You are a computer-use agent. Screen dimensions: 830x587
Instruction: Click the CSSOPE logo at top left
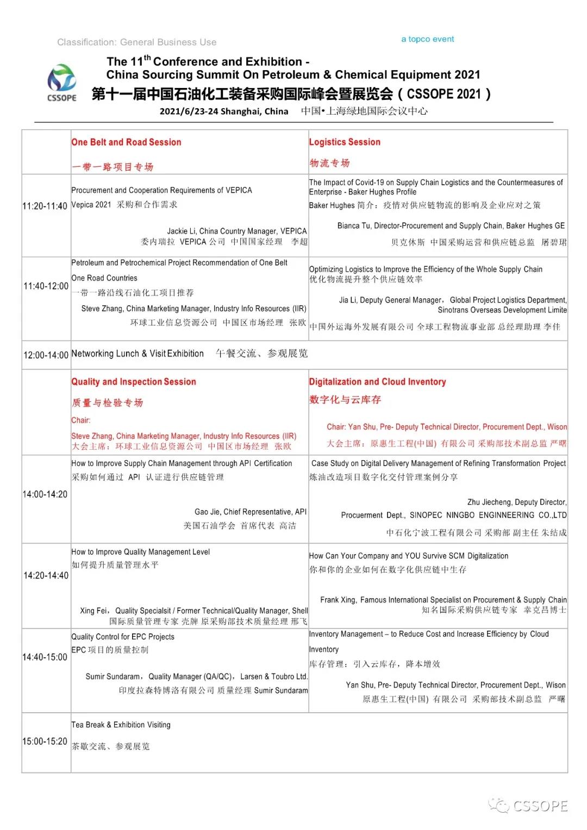point(62,83)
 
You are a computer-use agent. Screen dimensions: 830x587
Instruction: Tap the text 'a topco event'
point(427,39)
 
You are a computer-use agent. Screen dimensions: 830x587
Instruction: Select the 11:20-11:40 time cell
point(45,206)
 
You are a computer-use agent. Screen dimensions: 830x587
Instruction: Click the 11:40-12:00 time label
point(46,286)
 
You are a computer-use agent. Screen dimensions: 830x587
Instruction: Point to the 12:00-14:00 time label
point(46,355)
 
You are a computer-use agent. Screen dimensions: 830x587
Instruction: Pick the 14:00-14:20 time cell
point(45,494)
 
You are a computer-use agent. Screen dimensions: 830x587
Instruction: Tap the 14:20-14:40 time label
point(46,576)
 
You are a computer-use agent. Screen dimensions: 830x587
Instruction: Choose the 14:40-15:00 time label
point(45,657)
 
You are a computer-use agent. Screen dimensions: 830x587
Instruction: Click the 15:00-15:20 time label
point(45,741)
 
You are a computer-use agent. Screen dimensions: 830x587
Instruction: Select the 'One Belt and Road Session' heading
point(126,142)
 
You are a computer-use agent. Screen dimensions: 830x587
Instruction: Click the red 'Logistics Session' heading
point(345,142)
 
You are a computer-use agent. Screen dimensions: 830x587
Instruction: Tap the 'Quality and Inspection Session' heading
point(134,382)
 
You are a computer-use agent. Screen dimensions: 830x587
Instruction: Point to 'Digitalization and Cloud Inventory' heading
point(377,382)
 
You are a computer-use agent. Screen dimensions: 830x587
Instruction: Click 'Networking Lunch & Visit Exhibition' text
point(138,354)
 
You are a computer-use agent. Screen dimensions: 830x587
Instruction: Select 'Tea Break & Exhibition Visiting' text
point(121,725)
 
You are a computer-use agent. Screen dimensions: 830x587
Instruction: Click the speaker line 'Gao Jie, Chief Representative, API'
point(250,512)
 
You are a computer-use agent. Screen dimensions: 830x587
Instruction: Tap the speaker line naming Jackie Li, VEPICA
point(236,231)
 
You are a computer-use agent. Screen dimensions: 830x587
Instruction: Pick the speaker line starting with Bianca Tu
point(451,225)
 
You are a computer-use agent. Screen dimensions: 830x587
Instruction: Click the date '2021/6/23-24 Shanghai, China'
point(223,111)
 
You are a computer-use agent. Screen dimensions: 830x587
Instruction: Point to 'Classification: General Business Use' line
point(136,42)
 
